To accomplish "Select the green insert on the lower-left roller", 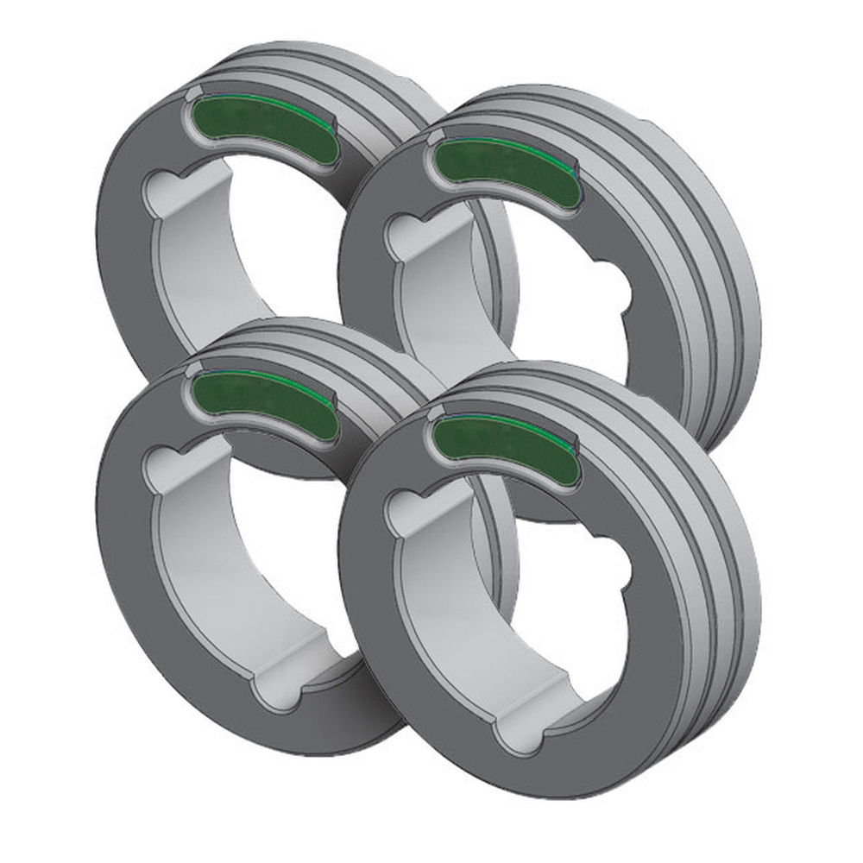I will point(263,400).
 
